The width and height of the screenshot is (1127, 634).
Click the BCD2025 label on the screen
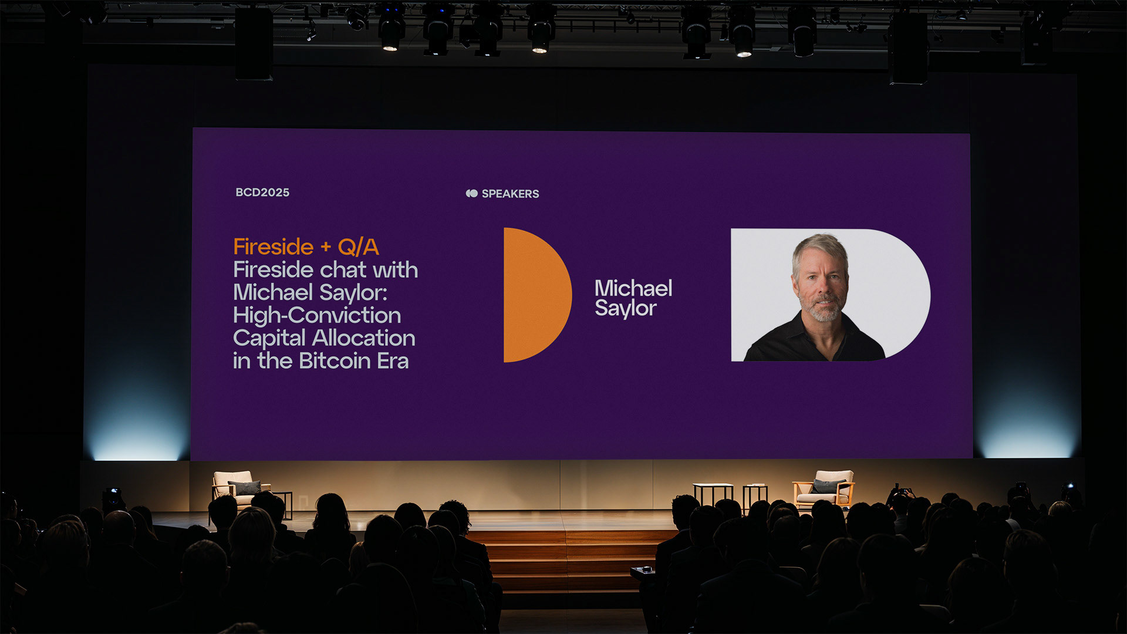pos(262,193)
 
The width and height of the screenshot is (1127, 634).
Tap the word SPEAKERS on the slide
pos(510,194)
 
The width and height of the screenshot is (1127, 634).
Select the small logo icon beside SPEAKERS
pos(471,194)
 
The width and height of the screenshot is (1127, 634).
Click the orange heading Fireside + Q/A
pos(306,247)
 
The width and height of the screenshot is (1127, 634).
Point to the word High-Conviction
pos(317,315)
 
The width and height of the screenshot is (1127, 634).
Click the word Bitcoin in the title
pos(335,360)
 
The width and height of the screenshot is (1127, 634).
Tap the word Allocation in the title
pos(363,338)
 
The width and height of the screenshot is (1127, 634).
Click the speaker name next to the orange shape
pos(633,298)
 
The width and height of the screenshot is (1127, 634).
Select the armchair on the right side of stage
pos(824,488)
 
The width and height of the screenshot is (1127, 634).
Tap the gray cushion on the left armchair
pos(245,488)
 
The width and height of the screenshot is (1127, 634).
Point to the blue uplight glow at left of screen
pos(139,429)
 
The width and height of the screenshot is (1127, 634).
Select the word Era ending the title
pos(393,361)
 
